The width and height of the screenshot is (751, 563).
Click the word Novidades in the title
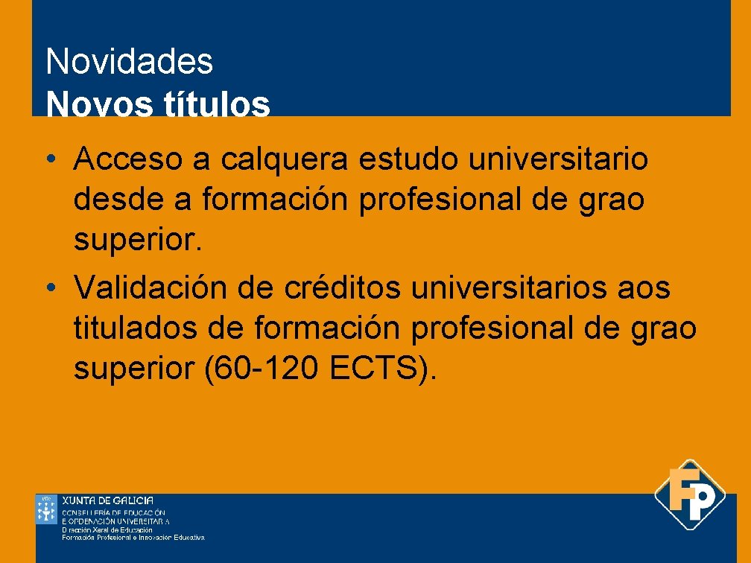pos(129,62)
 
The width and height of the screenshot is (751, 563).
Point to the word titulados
pos(135,328)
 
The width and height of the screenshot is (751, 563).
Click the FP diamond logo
pos(690,494)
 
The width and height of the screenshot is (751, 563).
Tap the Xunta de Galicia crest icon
pos(46,509)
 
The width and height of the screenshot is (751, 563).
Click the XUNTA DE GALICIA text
pos(107,500)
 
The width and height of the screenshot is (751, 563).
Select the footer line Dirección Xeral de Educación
pos(107,529)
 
